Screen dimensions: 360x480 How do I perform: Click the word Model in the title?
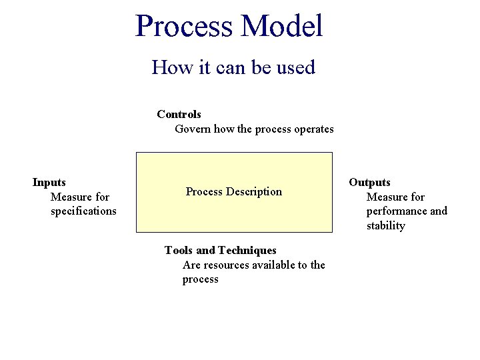(282, 25)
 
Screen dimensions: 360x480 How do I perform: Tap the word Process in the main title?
(184, 25)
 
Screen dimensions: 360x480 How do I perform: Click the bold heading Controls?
(179, 115)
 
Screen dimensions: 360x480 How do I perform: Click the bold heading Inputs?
(49, 182)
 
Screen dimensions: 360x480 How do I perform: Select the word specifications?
(83, 211)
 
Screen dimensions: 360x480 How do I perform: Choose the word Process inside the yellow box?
(204, 192)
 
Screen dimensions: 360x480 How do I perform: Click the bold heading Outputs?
(369, 182)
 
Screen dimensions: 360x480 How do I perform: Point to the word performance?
(396, 211)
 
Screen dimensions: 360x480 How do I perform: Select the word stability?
(385, 226)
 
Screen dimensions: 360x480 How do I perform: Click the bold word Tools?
(178, 251)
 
